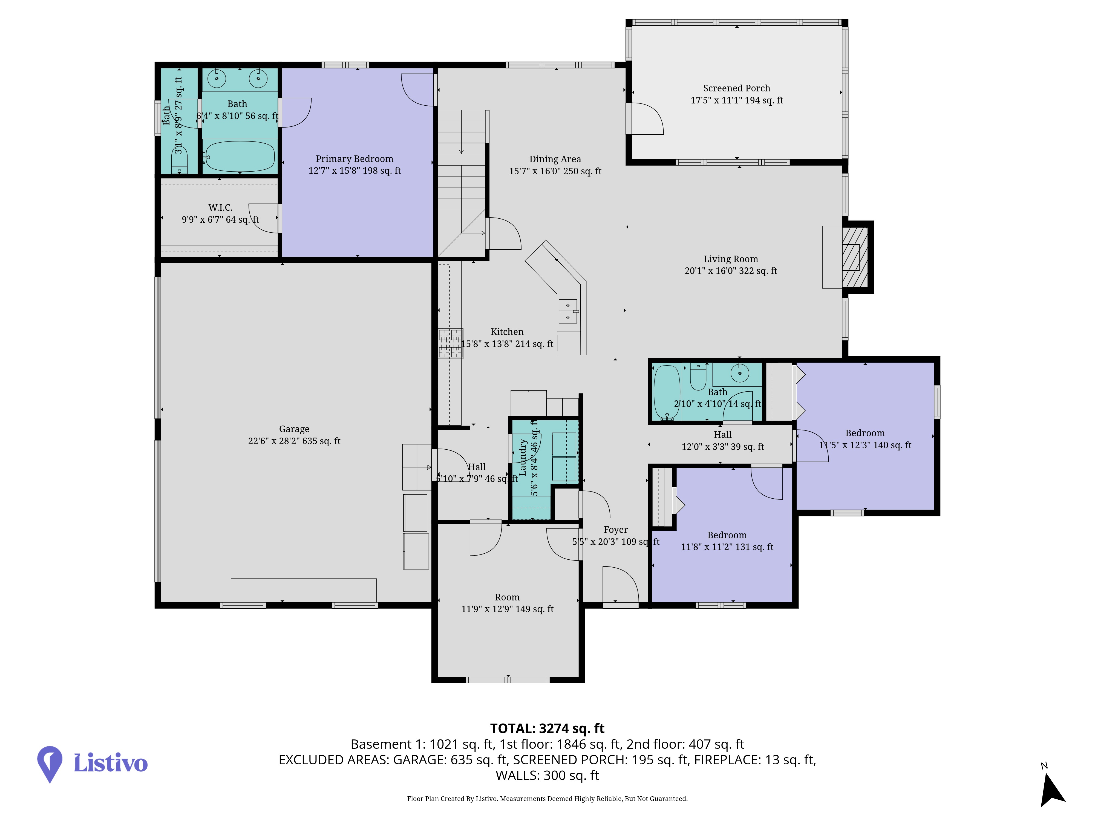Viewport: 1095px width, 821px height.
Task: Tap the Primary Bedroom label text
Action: click(x=355, y=159)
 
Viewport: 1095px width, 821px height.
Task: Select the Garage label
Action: click(x=294, y=429)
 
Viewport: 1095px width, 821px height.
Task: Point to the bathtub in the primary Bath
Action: click(x=240, y=156)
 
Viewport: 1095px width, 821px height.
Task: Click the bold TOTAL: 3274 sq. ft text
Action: click(x=547, y=729)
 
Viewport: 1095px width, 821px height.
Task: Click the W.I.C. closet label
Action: click(x=220, y=208)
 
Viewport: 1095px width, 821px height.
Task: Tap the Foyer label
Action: click(x=615, y=530)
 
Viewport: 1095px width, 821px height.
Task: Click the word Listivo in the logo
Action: click(x=110, y=763)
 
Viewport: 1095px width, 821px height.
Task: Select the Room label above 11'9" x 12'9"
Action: click(x=508, y=597)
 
